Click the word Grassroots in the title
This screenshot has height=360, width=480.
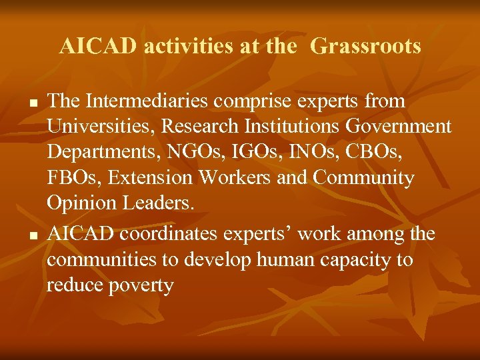(x=365, y=47)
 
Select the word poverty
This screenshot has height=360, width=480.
(x=140, y=286)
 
